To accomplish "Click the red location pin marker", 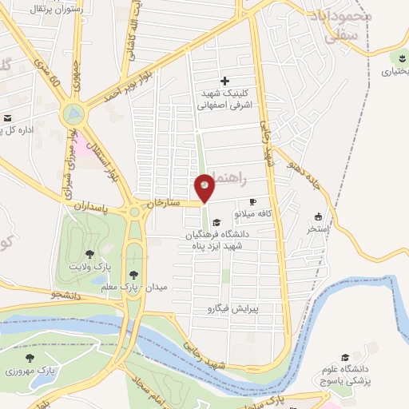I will tap(204, 189).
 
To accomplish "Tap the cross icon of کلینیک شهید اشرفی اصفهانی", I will tap(224, 81).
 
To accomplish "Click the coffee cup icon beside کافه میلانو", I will tap(253, 202).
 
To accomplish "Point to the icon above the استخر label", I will tap(319, 216).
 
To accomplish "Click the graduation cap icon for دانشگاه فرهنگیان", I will tap(217, 222).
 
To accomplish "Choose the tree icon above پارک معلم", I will tap(142, 273).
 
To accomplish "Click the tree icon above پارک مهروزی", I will tap(30, 359).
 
